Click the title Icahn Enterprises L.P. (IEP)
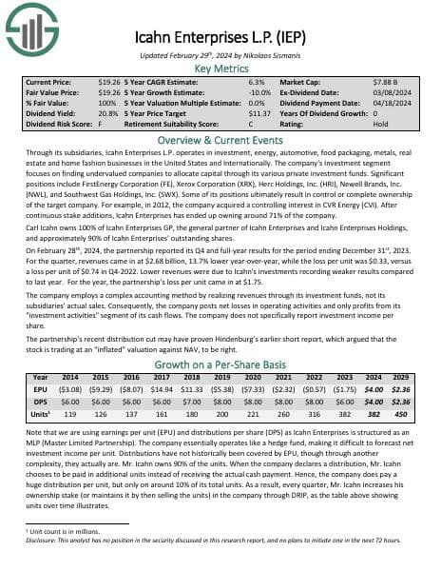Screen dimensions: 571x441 [220, 41]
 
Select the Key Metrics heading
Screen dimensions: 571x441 [220, 69]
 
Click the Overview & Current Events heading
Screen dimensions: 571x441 [220, 137]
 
